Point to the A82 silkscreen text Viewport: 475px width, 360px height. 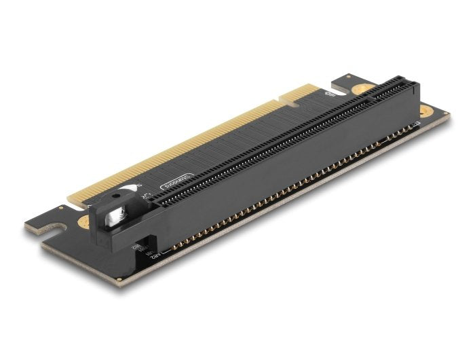tap(155, 256)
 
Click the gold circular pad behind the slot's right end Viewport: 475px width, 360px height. tap(363, 89)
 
